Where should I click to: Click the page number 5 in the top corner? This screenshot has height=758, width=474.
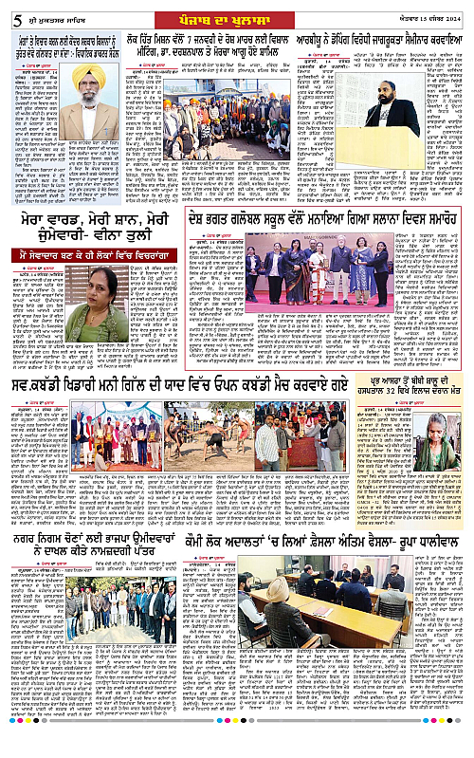(x=7, y=13)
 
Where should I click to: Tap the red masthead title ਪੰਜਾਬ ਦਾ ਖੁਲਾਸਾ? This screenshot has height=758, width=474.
(x=234, y=13)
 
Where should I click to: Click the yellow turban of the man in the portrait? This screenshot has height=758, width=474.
(x=88, y=75)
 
